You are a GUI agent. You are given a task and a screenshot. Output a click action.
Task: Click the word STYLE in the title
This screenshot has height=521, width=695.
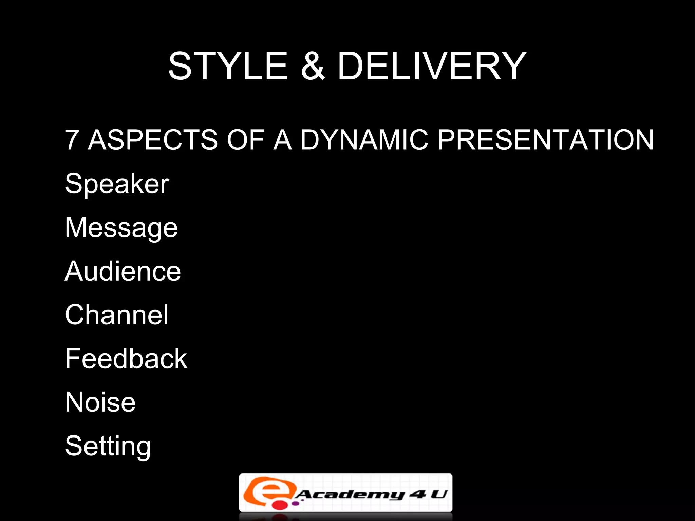click(x=228, y=66)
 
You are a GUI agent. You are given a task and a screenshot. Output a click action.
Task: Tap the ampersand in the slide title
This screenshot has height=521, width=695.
click(x=313, y=66)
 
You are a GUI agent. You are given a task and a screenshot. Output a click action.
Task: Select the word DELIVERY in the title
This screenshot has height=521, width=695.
click(x=432, y=66)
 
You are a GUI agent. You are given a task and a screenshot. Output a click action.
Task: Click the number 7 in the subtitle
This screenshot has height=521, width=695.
click(x=72, y=140)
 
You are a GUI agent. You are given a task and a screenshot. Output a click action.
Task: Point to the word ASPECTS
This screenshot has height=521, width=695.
click(x=153, y=140)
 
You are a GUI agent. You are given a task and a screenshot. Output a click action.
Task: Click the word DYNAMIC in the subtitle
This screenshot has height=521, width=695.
click(x=364, y=140)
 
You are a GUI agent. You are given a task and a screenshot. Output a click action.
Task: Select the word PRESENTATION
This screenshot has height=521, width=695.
click(x=545, y=140)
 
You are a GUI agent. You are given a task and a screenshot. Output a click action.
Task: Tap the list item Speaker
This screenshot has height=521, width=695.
click(x=117, y=184)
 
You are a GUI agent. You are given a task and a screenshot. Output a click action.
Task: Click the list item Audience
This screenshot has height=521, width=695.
click(x=123, y=272)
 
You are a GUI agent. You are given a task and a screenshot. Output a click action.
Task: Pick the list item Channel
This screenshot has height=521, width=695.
click(x=117, y=315)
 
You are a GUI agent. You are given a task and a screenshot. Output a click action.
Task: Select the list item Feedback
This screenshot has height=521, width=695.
click(x=126, y=359)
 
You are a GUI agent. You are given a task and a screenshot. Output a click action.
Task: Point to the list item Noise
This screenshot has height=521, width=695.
click(x=100, y=403)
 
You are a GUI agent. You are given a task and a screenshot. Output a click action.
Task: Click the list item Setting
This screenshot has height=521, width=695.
click(x=108, y=447)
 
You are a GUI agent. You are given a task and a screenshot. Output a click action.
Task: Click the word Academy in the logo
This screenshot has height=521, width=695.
click(x=350, y=495)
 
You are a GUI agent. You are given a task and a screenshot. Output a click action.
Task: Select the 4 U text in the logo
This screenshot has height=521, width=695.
click(x=428, y=494)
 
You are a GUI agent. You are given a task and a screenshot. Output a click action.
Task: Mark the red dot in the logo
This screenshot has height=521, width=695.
click(x=280, y=505)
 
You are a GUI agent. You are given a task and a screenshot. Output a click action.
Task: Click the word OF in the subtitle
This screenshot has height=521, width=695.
click(x=245, y=140)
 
